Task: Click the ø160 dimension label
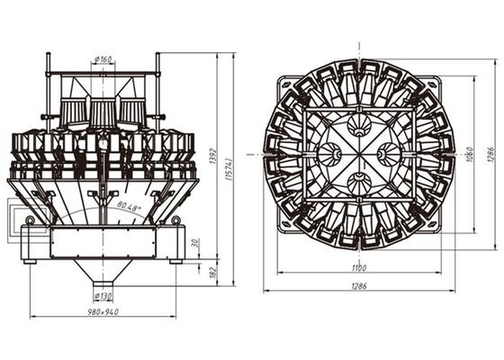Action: [x=103, y=60]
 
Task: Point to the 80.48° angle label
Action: [x=129, y=209]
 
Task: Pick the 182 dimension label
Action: [x=212, y=271]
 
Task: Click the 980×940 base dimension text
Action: [x=102, y=312]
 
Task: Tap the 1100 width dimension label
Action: [x=358, y=267]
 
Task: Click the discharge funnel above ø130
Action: [x=103, y=270]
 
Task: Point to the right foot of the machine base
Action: [x=177, y=258]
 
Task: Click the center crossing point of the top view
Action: [x=358, y=154]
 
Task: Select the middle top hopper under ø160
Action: [x=102, y=112]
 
